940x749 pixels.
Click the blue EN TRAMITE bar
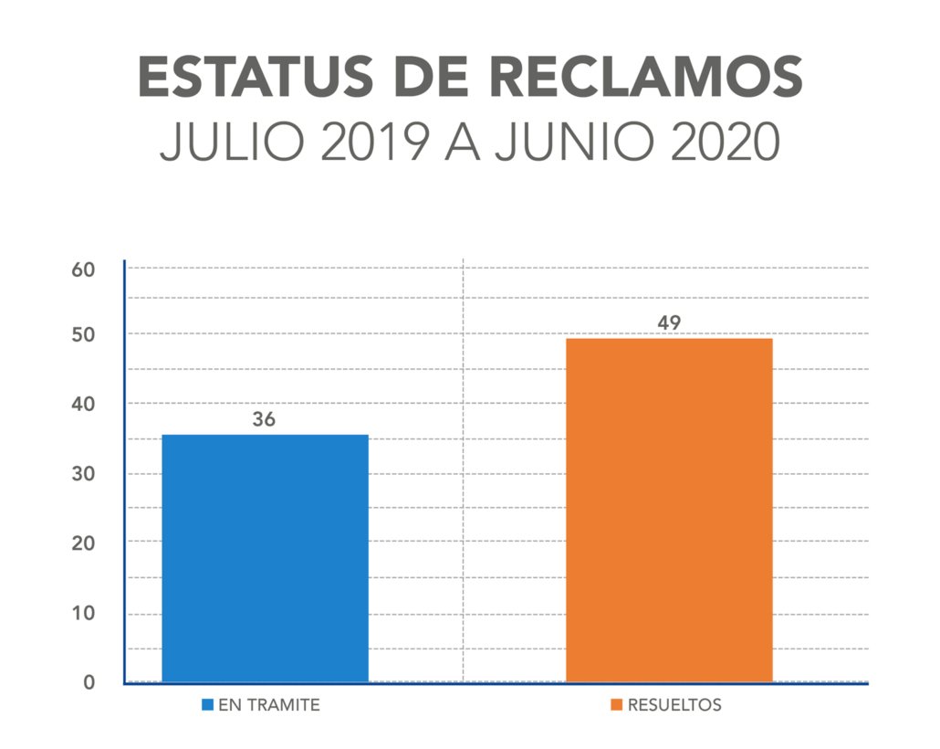(265, 558)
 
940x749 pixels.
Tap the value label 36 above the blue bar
(264, 420)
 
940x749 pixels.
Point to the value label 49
(669, 323)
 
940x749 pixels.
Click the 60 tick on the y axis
(84, 269)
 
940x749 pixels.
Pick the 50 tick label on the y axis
(84, 335)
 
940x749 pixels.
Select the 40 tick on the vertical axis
(84, 404)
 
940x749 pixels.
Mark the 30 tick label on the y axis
(84, 474)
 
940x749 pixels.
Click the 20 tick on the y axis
(84, 543)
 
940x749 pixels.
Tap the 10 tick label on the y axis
(84, 613)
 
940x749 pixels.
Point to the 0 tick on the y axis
(89, 681)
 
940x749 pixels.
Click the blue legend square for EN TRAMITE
(207, 706)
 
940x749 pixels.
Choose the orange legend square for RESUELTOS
(617, 706)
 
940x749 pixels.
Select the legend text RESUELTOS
(674, 706)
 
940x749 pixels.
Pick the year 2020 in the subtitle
(725, 143)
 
